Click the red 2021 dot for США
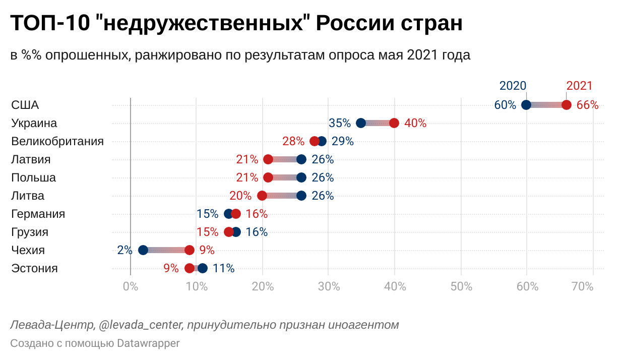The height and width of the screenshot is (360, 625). (x=567, y=105)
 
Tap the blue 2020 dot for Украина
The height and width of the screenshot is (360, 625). (x=361, y=123)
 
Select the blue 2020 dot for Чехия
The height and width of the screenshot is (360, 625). (x=143, y=250)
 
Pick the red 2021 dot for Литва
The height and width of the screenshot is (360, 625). (x=262, y=196)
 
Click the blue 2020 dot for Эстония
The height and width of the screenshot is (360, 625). (x=203, y=268)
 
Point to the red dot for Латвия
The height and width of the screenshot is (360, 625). (x=268, y=159)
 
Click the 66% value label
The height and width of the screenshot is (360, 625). (x=587, y=105)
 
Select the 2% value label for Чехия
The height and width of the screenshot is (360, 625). (x=124, y=250)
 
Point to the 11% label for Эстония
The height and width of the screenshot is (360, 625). (x=224, y=268)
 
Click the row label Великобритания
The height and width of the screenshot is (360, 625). (x=57, y=141)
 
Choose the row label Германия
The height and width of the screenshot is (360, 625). (x=38, y=214)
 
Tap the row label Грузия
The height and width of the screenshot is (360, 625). (x=30, y=232)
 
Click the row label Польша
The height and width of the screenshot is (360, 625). (x=33, y=177)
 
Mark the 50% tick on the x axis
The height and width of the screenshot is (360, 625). (x=461, y=287)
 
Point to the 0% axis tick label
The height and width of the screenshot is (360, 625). (x=131, y=287)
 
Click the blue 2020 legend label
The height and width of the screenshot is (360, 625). (x=513, y=86)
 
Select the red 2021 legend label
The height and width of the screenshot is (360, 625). (x=580, y=86)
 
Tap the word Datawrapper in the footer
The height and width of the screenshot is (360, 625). (x=148, y=343)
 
